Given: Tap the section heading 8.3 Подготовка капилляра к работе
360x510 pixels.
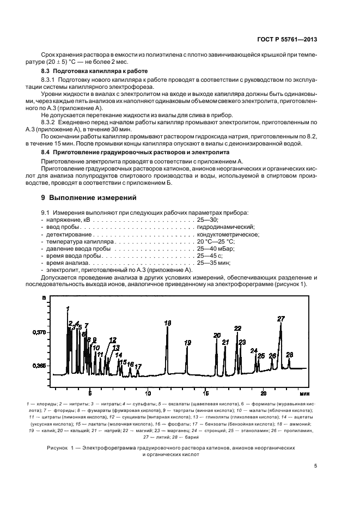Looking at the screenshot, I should pos(95,71).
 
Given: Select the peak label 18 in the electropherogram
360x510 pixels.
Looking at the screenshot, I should pos(167,323).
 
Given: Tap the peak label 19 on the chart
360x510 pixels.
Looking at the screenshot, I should pos(187,343).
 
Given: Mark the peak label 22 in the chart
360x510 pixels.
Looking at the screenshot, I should pos(237,328).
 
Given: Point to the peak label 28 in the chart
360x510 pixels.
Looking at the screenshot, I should pos(289,354).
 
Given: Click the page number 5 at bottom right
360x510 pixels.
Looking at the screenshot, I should pos(315,465).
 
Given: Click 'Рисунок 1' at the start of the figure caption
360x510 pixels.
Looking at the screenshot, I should pos(56,447).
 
